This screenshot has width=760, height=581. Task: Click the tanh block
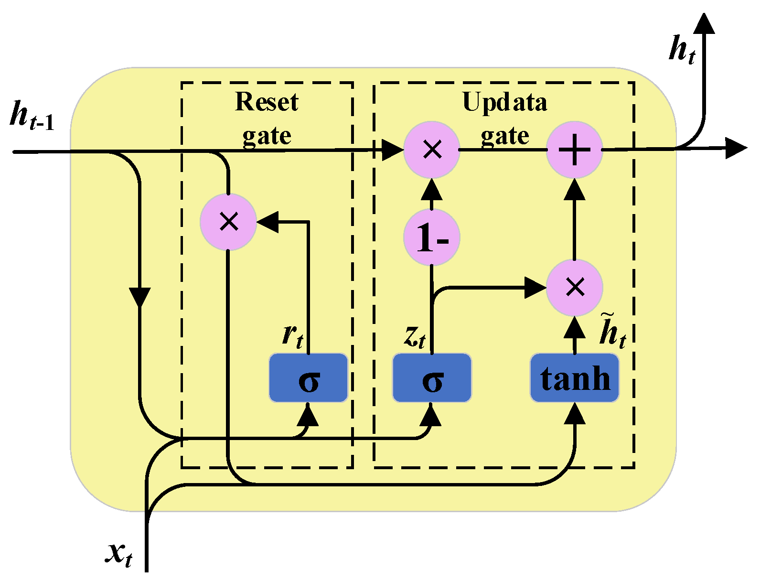[575, 378]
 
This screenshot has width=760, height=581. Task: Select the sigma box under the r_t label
[308, 378]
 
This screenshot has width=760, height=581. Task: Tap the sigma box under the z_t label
[432, 378]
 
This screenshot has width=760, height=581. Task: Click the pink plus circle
[575, 150]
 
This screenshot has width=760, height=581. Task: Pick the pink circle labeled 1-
[432, 237]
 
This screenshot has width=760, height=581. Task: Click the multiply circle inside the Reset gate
[228, 222]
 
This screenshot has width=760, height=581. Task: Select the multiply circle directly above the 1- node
[432, 150]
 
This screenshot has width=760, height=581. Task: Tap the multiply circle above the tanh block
[575, 287]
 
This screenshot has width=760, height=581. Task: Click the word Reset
[267, 102]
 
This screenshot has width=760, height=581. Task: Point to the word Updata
[504, 102]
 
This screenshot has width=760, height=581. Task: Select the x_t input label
[119, 554]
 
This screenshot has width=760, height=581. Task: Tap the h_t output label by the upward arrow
[682, 50]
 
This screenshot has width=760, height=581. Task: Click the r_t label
[292, 335]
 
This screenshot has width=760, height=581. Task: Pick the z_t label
[414, 336]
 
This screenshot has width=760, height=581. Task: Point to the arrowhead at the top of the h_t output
[704, 24]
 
